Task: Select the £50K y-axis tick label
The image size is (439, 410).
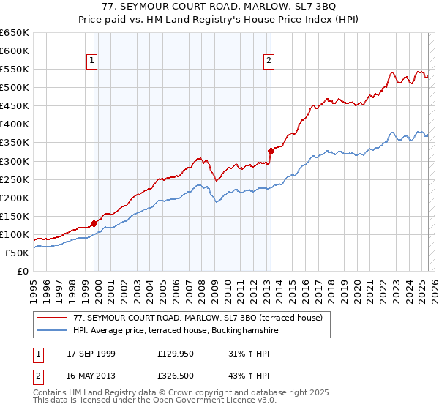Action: (x=17, y=253)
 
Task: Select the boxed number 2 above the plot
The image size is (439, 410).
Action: (x=269, y=61)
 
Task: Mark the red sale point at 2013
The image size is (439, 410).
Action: (x=270, y=151)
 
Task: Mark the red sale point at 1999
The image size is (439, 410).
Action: (x=94, y=223)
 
